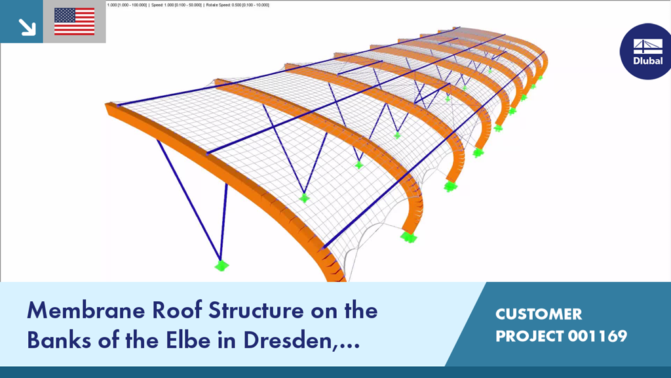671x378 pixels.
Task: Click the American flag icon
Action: point(75,22)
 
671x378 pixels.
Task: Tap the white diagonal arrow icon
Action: point(27,27)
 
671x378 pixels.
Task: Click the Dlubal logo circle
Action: point(645,51)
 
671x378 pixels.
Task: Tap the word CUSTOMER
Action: point(539,314)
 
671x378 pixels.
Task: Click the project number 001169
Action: point(598,336)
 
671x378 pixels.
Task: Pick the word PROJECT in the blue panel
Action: point(529,336)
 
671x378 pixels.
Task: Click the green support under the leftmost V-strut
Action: point(221,266)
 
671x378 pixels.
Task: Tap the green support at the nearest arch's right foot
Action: point(409,237)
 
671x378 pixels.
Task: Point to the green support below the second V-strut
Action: point(304,198)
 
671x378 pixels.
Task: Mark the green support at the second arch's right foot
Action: point(450,186)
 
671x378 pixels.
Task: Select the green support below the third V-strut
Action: point(358,165)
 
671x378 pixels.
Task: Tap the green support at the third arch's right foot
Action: point(478,152)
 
